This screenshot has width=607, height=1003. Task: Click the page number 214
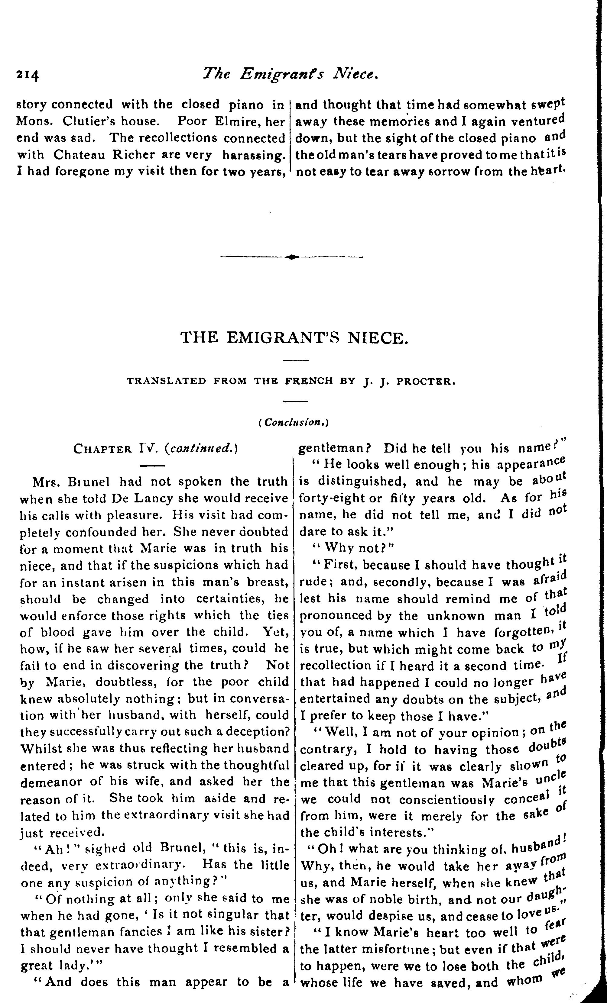click(x=28, y=75)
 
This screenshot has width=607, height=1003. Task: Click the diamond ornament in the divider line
click(x=292, y=257)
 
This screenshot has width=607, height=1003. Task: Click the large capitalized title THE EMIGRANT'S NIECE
click(x=294, y=338)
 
